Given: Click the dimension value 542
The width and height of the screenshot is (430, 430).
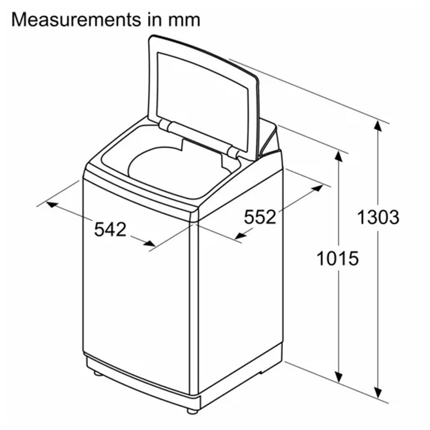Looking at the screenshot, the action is point(110,229).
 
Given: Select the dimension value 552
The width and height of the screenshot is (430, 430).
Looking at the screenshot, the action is point(260,217).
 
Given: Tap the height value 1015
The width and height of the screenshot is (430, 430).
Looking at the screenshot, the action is point(338,258).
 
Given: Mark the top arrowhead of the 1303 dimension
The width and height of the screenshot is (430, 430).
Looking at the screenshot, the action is point(378,127).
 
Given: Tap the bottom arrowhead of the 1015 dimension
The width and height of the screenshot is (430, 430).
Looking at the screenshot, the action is point(338,376).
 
